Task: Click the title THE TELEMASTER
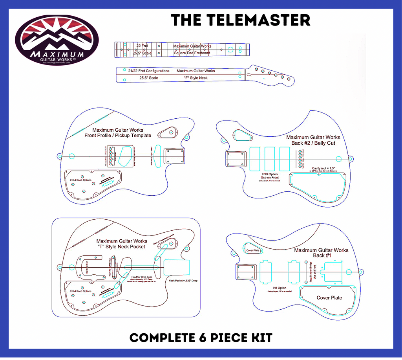pos(241,20)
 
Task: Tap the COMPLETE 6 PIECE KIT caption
pos(201,337)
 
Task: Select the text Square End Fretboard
pos(192,53)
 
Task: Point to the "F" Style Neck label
pos(196,78)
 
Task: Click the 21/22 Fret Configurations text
pos(149,71)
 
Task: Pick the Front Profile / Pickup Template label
pos(118,136)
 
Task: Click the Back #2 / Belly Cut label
pos(313,143)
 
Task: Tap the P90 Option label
pos(269,174)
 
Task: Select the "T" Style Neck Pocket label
pos(121,246)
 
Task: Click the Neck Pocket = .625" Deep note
pos(183,281)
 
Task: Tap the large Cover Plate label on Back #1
pos(329,298)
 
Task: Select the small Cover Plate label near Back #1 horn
pos(252,250)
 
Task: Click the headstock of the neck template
pos(271,74)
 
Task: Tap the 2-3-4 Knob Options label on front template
pos(80,180)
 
